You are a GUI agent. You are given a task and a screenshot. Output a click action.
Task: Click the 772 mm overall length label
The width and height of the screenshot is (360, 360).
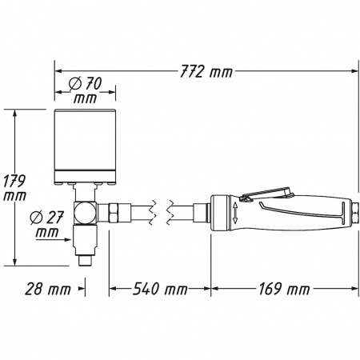point(206,72)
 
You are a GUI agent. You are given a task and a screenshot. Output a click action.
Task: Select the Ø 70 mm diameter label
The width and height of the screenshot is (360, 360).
point(86,90)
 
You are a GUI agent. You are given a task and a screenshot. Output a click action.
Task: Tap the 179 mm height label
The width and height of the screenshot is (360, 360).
point(14,188)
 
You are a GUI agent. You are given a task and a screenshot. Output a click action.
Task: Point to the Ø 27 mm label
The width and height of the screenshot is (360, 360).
point(47,224)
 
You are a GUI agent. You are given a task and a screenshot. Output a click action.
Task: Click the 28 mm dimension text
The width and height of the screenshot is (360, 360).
point(48,289)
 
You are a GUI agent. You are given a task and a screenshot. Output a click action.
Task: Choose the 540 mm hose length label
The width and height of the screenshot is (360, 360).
point(160,289)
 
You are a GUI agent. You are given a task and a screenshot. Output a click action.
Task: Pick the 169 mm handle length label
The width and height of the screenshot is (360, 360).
point(284,289)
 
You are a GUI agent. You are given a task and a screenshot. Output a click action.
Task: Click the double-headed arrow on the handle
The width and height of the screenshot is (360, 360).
point(235,213)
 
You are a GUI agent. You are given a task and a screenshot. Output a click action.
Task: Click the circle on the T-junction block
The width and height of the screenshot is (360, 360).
point(82,213)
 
